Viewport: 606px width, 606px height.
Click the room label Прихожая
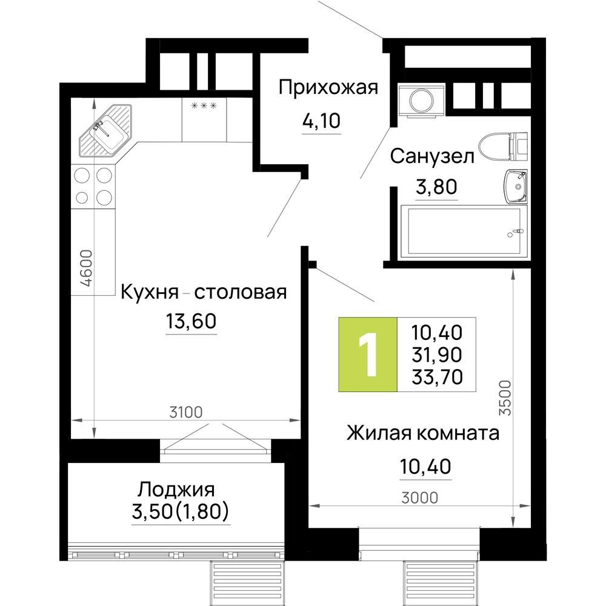coord(328,88)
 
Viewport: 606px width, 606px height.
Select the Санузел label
coord(431,156)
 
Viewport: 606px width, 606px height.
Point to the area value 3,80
coord(435,188)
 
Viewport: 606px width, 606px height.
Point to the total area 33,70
coord(436,378)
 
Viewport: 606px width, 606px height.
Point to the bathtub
coord(464,230)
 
